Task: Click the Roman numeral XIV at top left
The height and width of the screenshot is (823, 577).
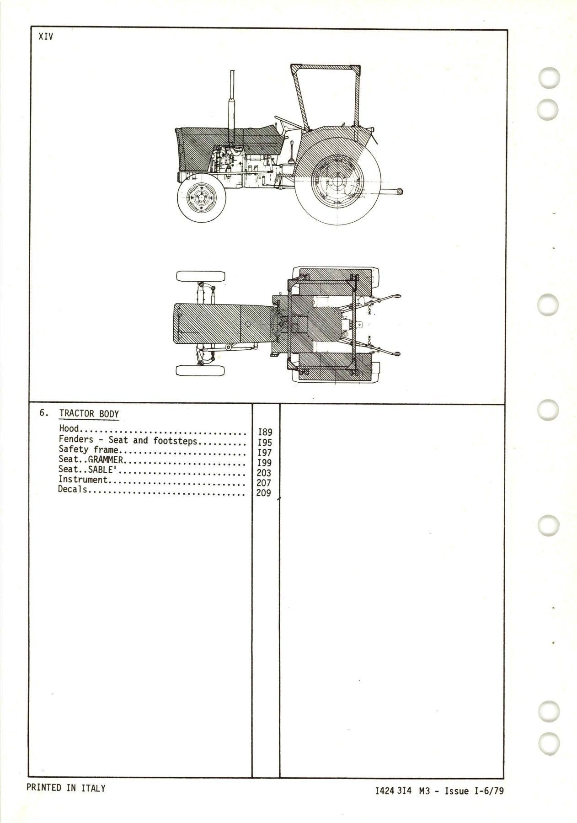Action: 46,37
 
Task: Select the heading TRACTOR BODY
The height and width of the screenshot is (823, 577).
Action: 89,414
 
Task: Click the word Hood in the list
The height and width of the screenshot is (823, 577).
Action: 69,429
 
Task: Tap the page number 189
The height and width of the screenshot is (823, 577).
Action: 265,432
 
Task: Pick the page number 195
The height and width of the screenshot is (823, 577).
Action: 265,443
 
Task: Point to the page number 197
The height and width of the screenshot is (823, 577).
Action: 265,453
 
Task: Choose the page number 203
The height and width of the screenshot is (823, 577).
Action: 264,473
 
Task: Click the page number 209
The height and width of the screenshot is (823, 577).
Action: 264,493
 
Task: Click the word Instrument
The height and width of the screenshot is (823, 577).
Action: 83,480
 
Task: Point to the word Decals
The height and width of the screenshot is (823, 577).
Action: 73,490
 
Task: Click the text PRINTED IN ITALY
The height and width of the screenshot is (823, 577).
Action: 66,788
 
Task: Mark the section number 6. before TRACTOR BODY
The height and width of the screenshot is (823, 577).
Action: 43,413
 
